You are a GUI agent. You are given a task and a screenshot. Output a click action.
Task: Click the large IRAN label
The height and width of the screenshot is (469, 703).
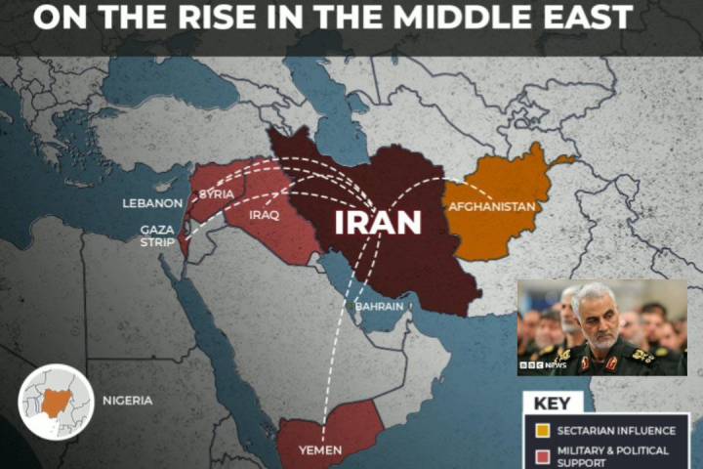[378, 222]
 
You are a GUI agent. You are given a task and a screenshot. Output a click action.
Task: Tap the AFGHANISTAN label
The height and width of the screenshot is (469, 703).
[491, 207]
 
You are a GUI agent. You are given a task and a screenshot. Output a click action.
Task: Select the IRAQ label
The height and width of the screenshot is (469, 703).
[265, 215]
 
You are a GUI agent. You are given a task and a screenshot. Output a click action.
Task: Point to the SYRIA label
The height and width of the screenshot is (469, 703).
[216, 194]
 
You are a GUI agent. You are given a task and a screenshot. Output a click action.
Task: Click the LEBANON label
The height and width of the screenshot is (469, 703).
[152, 203]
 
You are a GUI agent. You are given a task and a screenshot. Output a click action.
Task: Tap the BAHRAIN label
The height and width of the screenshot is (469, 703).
[379, 306]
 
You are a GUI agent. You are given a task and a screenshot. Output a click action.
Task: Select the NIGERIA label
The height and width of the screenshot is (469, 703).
[127, 401]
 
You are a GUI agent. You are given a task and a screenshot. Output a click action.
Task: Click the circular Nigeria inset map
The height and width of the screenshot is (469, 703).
[57, 401]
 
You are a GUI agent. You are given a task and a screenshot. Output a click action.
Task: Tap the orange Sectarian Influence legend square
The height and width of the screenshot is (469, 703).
[541, 430]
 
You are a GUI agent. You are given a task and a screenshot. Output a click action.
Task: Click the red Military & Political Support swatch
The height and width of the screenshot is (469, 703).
[541, 456]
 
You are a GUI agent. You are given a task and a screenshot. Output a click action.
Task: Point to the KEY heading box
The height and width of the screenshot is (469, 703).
[553, 402]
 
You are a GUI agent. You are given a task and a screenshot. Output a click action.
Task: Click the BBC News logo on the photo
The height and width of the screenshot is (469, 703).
[547, 364]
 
